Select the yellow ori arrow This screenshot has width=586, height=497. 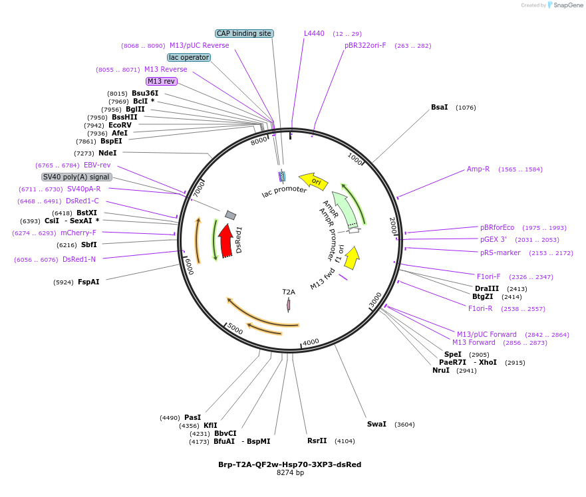(x=313, y=180)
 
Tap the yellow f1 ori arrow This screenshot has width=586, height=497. (x=352, y=257)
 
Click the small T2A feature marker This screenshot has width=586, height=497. (x=289, y=304)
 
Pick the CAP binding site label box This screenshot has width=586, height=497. (x=244, y=33)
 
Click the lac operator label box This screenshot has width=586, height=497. (x=189, y=57)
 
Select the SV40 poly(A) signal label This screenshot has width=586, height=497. (x=76, y=177)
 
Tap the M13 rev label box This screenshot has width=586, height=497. (x=162, y=81)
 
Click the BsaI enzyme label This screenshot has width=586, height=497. (x=440, y=107)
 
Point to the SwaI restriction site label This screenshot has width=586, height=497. (x=376, y=424)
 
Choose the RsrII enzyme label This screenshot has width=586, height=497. (x=317, y=441)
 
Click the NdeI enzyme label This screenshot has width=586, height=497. (x=108, y=153)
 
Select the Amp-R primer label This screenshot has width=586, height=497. (x=478, y=169)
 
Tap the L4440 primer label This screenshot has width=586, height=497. (x=314, y=33)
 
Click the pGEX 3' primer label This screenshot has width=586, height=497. (x=494, y=239)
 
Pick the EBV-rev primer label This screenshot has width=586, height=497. (x=97, y=165)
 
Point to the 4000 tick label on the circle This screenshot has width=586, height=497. (x=311, y=343)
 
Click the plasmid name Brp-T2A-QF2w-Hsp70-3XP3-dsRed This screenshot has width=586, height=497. (x=290, y=464)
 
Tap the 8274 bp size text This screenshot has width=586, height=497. (x=290, y=473)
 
